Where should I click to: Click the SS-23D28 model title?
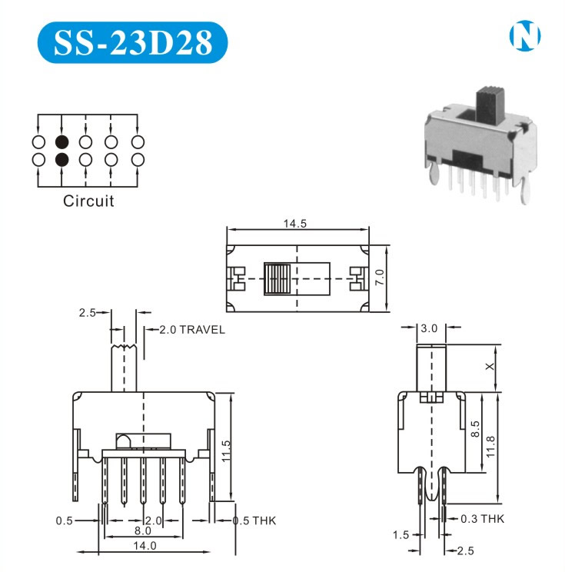[133, 43]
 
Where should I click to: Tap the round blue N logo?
[525, 35]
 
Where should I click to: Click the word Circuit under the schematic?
[88, 201]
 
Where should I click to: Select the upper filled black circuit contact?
[62, 142]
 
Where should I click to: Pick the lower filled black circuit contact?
[62, 159]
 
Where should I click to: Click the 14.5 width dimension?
[295, 223]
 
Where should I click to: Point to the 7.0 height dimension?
[380, 278]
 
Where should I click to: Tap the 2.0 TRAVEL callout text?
[192, 330]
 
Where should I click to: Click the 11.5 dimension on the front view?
[226, 451]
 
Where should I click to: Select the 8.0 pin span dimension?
[143, 530]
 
